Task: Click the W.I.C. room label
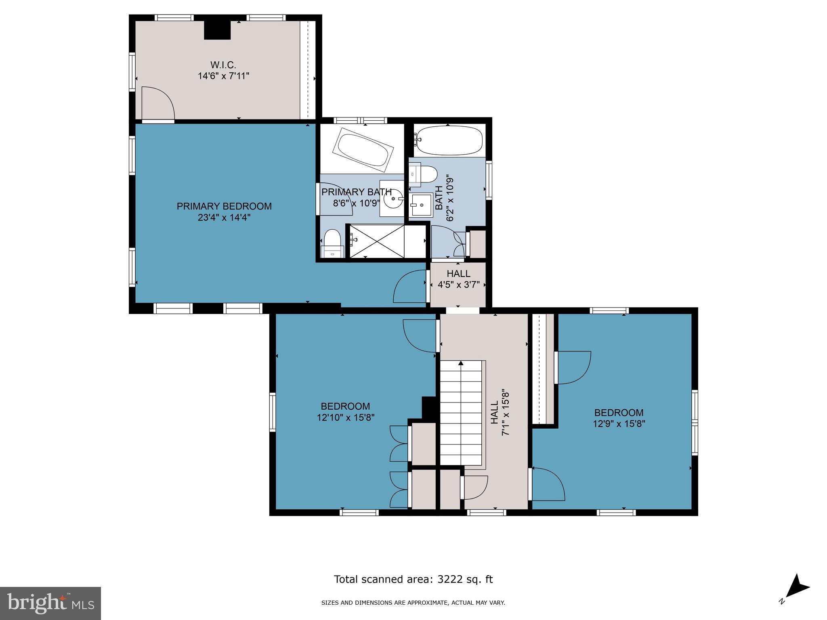223,65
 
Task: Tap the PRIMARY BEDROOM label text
224,206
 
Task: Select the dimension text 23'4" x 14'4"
224,218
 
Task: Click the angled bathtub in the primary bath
363,150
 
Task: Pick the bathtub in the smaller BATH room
449,140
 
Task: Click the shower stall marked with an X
376,241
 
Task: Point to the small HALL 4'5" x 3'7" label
459,279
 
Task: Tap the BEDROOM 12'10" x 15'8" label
346,412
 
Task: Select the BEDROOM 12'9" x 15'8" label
619,418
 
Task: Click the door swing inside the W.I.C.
157,103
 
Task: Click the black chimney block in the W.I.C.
217,30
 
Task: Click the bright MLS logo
50,603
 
